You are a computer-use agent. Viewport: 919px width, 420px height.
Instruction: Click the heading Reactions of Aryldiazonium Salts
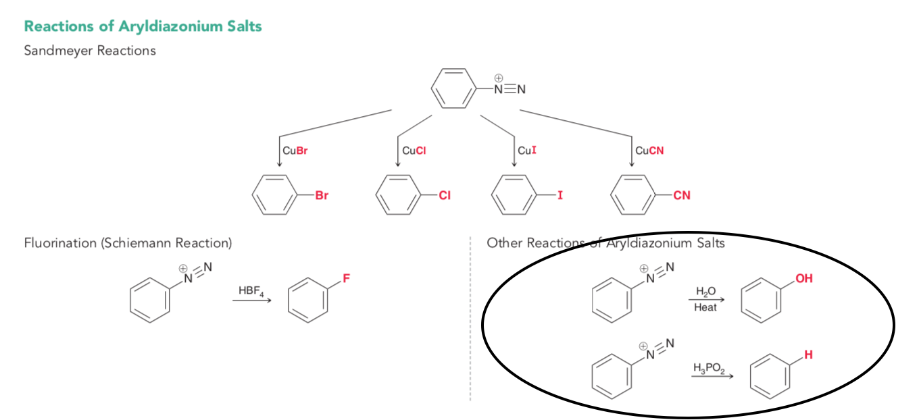pos(143,26)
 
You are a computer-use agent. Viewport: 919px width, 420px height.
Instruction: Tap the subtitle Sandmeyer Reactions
pos(90,51)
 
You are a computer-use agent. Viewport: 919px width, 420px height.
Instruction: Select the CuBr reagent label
pos(295,151)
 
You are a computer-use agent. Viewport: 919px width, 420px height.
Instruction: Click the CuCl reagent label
pos(414,151)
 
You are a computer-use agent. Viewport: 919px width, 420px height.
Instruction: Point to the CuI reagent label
pos(527,151)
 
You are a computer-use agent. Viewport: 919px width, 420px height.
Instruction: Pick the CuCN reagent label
pos(649,151)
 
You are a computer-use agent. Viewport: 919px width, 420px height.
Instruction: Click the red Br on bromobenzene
pos(322,195)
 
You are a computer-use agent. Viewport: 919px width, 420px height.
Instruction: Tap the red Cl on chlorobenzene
pos(445,195)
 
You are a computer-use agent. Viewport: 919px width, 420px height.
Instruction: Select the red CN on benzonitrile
pos(682,195)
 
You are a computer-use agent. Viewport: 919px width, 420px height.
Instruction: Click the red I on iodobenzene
pos(560,195)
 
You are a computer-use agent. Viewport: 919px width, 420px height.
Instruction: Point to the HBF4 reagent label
pos(251,291)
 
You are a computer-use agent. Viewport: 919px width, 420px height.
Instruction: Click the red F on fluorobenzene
pos(346,278)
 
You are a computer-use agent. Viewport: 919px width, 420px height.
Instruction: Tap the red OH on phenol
pos(804,278)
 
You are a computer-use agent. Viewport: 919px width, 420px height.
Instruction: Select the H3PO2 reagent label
pos(709,368)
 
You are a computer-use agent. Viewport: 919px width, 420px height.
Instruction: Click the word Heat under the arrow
pos(705,308)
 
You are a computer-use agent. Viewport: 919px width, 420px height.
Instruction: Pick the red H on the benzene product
pos(808,355)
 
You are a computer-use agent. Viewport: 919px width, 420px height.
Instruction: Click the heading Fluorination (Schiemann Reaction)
pos(128,243)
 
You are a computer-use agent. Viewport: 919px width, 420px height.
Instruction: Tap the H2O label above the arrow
pos(705,292)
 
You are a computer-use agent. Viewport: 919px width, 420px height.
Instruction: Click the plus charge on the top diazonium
pos(499,78)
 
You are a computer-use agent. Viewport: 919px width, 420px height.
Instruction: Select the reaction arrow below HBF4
pos(252,300)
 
